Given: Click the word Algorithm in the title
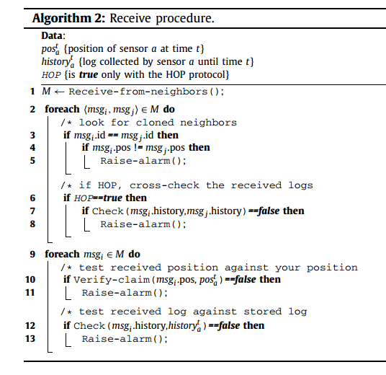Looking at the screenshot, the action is (61, 19).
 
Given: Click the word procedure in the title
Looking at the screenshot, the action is (185, 19).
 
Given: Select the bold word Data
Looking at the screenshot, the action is (53, 36).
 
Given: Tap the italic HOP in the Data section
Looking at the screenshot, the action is (51, 75).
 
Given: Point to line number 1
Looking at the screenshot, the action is (32, 92).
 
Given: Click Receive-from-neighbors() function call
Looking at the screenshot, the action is (146, 92).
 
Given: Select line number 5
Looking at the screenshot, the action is (32, 161).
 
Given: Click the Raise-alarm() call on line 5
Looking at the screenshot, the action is (143, 161).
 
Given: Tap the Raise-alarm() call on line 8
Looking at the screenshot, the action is (143, 224).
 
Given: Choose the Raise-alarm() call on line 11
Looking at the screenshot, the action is (125, 293).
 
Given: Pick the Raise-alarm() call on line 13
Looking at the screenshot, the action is (125, 339).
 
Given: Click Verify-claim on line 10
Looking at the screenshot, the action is (112, 280).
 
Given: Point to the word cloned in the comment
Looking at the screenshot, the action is (155, 123).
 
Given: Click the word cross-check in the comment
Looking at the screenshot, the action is (164, 185).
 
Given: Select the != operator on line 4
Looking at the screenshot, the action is (138, 148).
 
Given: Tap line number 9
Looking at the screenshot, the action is (32, 254).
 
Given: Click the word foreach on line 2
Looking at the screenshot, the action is (62, 109).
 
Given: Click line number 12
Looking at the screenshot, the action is (30, 326).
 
